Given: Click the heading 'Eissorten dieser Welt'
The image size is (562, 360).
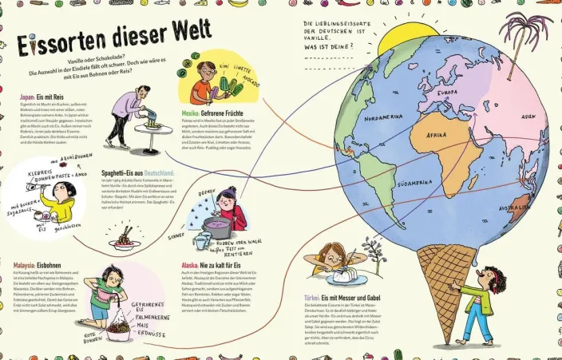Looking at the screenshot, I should (x=114, y=38).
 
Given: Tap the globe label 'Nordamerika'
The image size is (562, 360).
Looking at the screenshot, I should (x=386, y=117).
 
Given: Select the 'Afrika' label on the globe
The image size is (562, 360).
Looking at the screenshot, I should (x=437, y=136).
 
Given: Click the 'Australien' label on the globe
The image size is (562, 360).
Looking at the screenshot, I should (x=515, y=210).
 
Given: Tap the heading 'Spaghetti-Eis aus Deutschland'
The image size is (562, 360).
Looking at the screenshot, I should (x=138, y=172).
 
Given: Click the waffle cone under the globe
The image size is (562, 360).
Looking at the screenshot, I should (x=446, y=279).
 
